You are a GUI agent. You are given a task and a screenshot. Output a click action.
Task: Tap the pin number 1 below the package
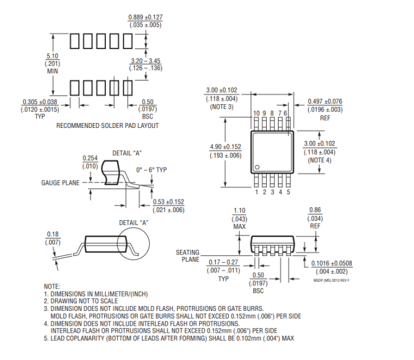[x=257, y=191]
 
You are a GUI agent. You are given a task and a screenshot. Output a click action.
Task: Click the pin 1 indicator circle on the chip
[x=258, y=166]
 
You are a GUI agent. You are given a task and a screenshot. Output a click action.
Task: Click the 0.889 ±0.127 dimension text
[x=145, y=17]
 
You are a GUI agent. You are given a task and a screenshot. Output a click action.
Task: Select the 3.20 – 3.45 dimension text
[x=145, y=61]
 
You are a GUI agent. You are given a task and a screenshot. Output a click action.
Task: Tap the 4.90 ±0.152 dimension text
[x=225, y=147]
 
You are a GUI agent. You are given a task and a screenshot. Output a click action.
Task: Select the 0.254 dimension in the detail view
[x=90, y=158]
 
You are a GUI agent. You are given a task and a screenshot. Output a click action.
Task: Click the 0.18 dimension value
[x=53, y=235]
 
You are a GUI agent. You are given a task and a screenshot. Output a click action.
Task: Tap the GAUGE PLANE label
[x=60, y=183]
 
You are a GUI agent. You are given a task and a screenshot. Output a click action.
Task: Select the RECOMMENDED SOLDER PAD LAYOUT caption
[x=107, y=126]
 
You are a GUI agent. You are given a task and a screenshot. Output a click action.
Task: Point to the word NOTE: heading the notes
[x=53, y=286]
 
